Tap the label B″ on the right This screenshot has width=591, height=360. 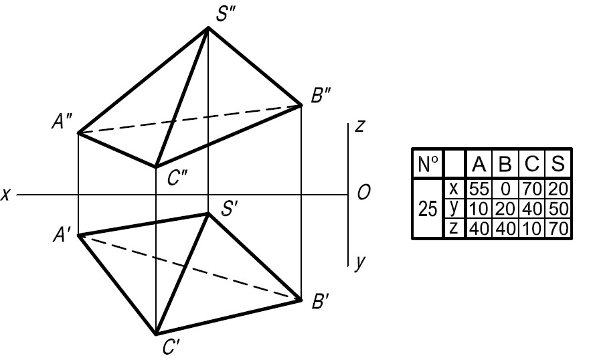coord(322,95)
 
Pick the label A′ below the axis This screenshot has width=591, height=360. coord(65,235)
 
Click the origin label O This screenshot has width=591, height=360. coord(365,193)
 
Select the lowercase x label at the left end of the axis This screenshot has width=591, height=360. coord(6,195)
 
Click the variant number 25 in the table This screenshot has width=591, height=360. coord(427,209)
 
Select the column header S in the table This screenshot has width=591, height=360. coord(558,163)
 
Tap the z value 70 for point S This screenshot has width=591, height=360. coord(558,228)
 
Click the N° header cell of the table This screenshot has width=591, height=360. coord(427,163)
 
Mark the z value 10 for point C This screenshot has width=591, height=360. coord(532,228)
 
